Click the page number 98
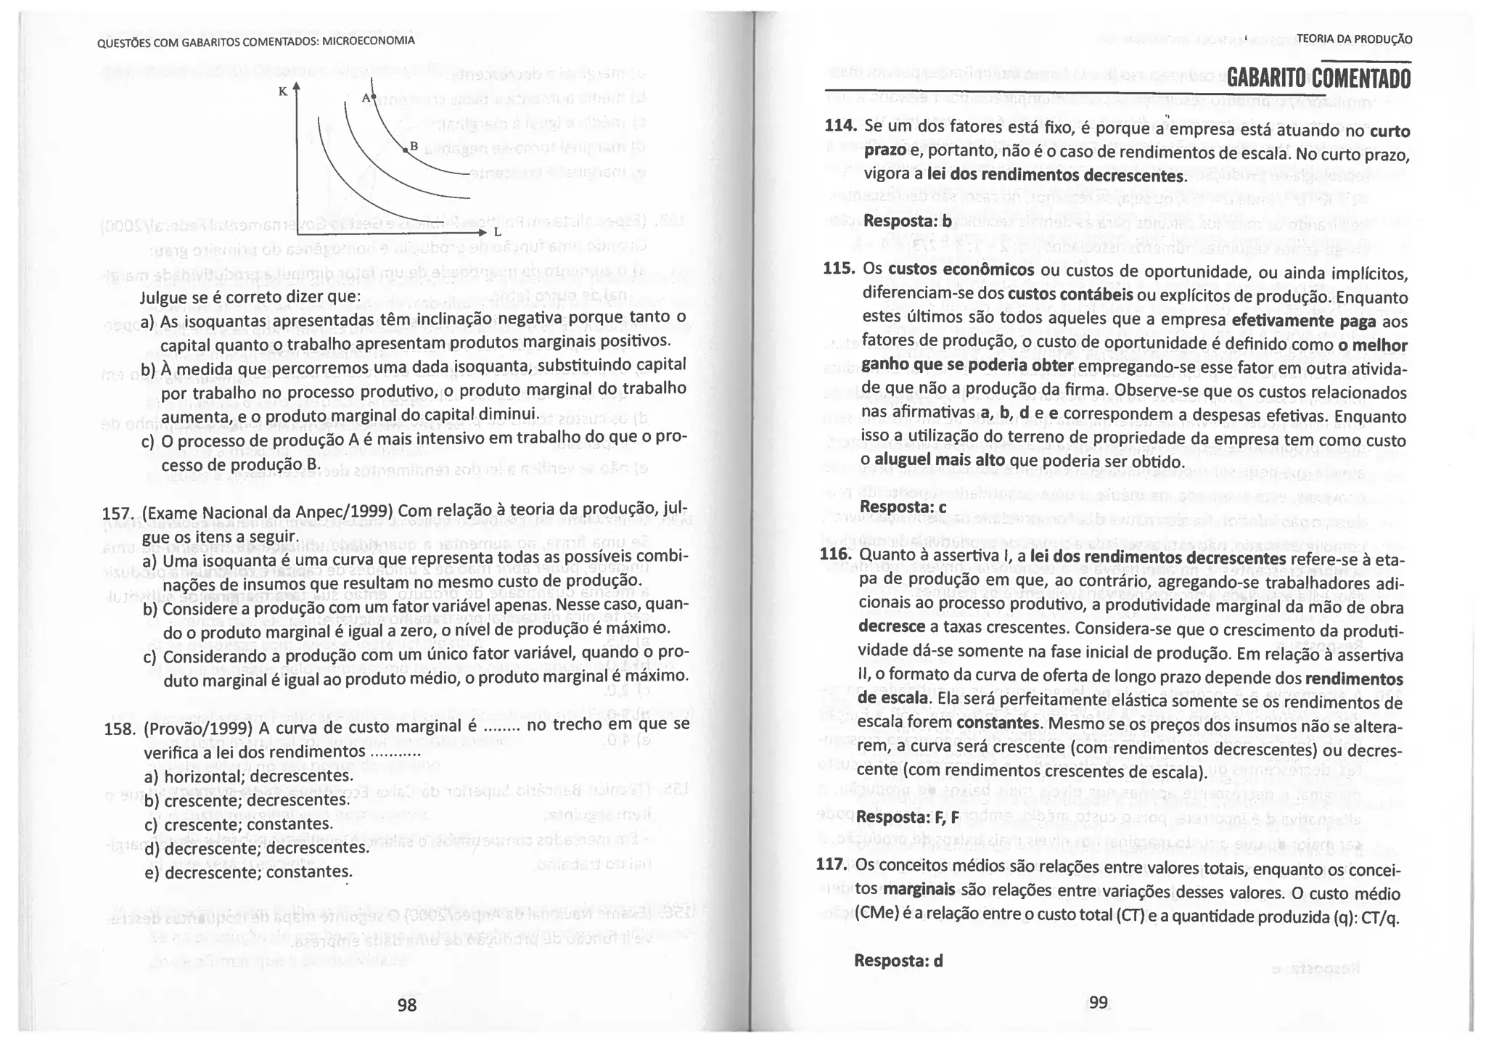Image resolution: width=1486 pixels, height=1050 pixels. (407, 1004)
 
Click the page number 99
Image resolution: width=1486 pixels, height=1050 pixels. (1099, 1002)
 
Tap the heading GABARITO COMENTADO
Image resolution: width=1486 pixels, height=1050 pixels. (1318, 78)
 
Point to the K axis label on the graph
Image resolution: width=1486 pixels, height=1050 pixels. (283, 91)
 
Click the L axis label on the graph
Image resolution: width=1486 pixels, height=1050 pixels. (497, 233)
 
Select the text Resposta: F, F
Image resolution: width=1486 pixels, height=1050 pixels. (908, 817)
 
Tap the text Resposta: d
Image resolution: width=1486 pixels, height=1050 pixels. (899, 960)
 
